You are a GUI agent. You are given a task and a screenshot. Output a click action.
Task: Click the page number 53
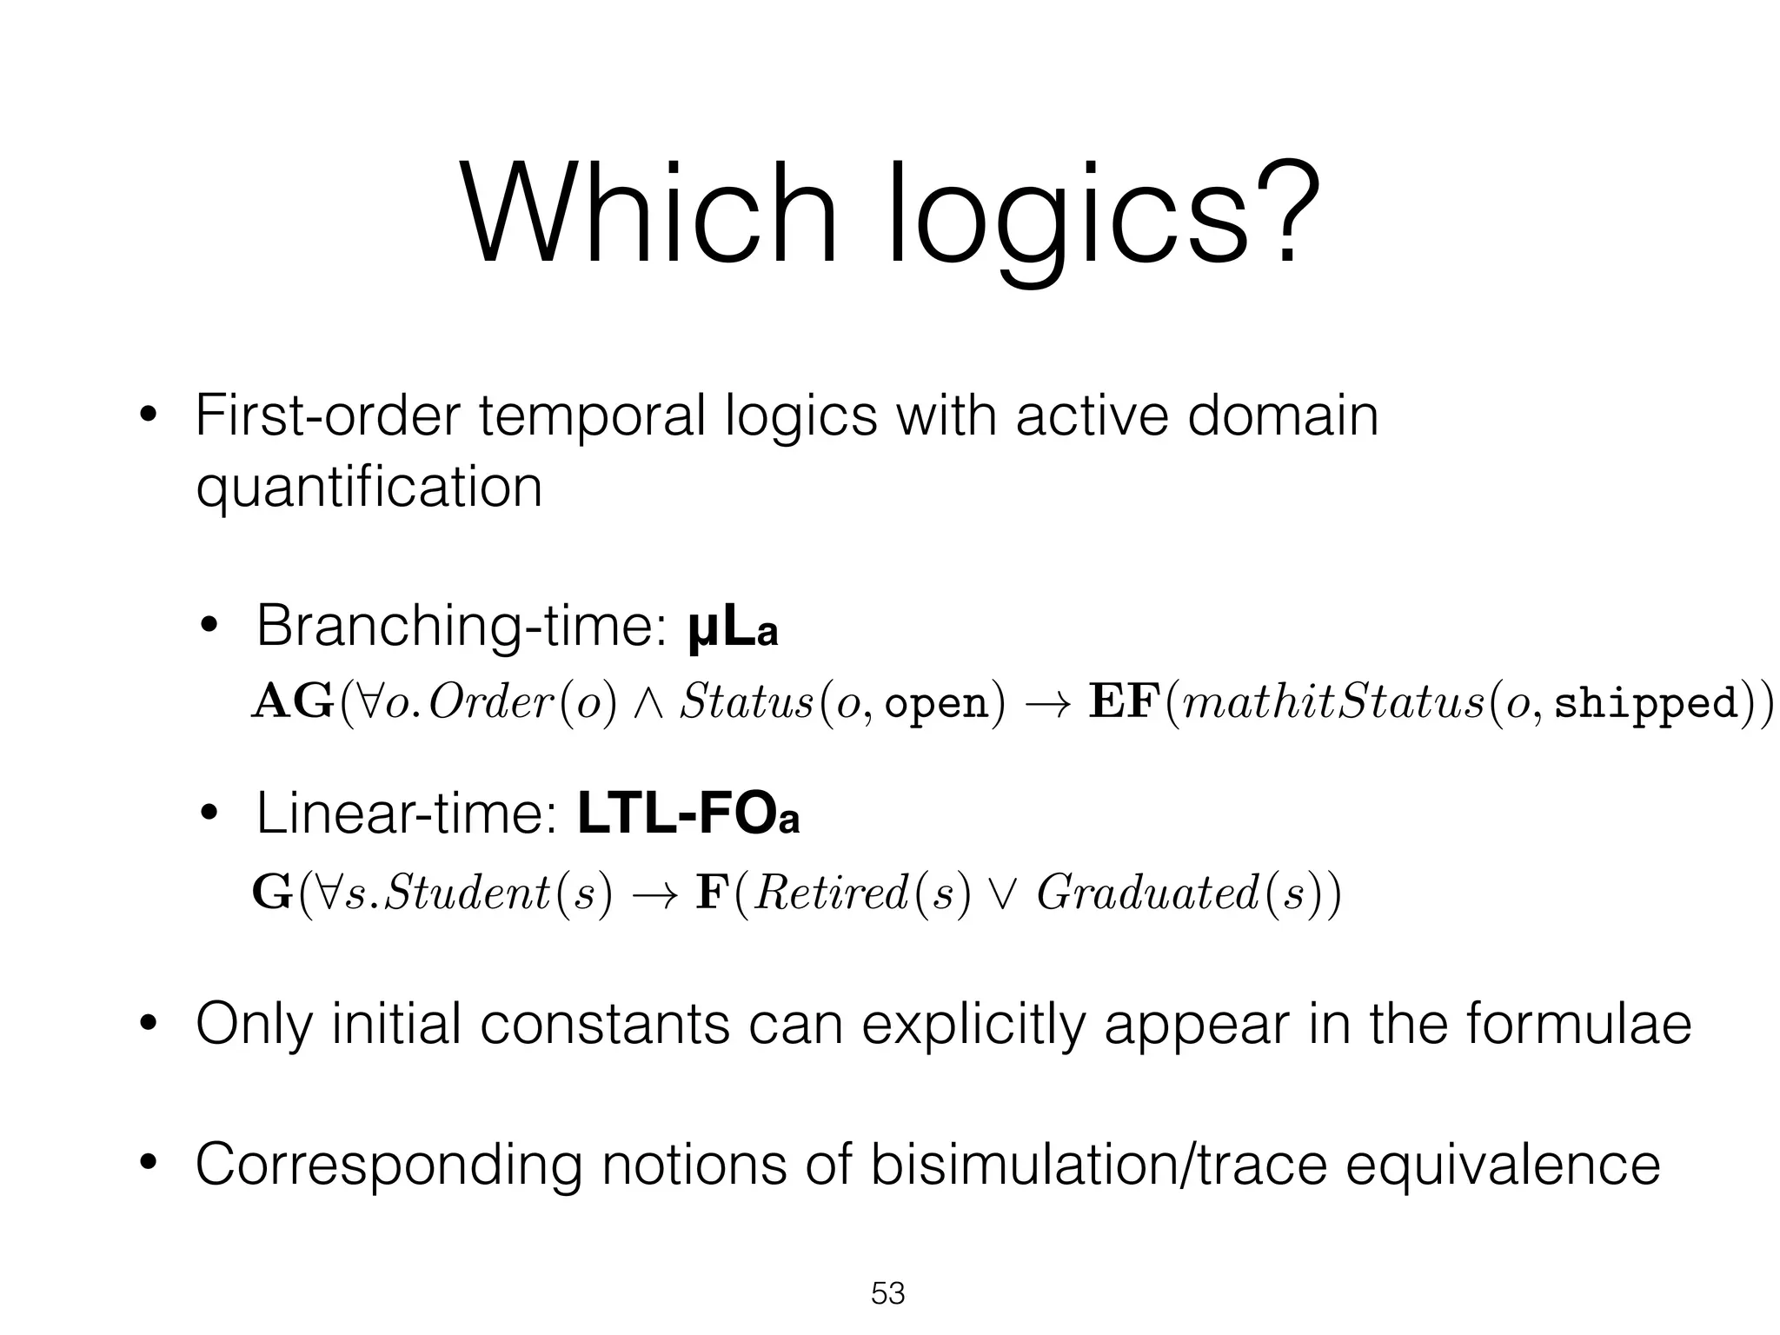click(x=888, y=1293)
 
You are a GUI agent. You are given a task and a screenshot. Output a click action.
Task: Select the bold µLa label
click(x=732, y=629)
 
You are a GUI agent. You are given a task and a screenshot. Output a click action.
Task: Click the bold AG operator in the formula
click(x=292, y=702)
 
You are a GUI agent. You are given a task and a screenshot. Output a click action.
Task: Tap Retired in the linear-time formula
click(x=831, y=893)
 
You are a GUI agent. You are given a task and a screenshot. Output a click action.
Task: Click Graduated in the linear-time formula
click(x=1147, y=893)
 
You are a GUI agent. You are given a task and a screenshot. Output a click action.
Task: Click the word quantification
click(x=369, y=488)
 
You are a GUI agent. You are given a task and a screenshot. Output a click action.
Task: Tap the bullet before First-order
click(x=148, y=417)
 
